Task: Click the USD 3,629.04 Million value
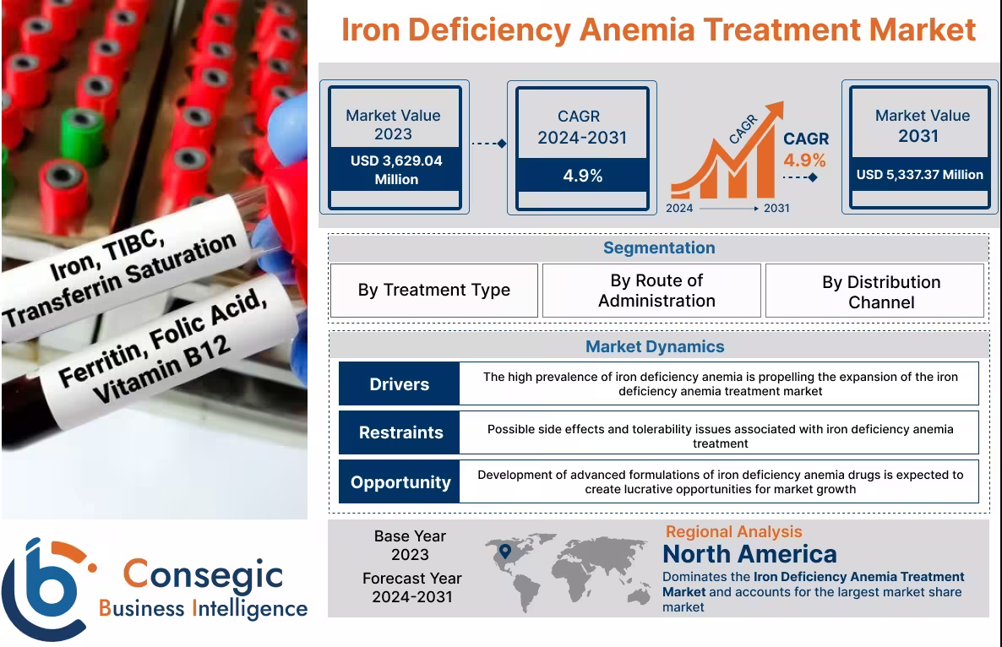(x=395, y=170)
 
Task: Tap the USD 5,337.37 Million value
(x=919, y=175)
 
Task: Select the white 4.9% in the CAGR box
(x=582, y=176)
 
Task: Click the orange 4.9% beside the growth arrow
(x=804, y=160)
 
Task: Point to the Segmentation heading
(x=658, y=247)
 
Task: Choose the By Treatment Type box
(x=433, y=291)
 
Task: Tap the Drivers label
(x=399, y=384)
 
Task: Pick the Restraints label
(x=400, y=432)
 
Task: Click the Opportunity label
(x=400, y=482)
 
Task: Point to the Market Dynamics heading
(x=655, y=346)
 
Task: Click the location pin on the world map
(x=505, y=552)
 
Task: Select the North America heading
(x=749, y=554)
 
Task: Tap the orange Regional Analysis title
(x=733, y=531)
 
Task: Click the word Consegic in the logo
(x=203, y=574)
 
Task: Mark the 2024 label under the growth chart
(x=679, y=208)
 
